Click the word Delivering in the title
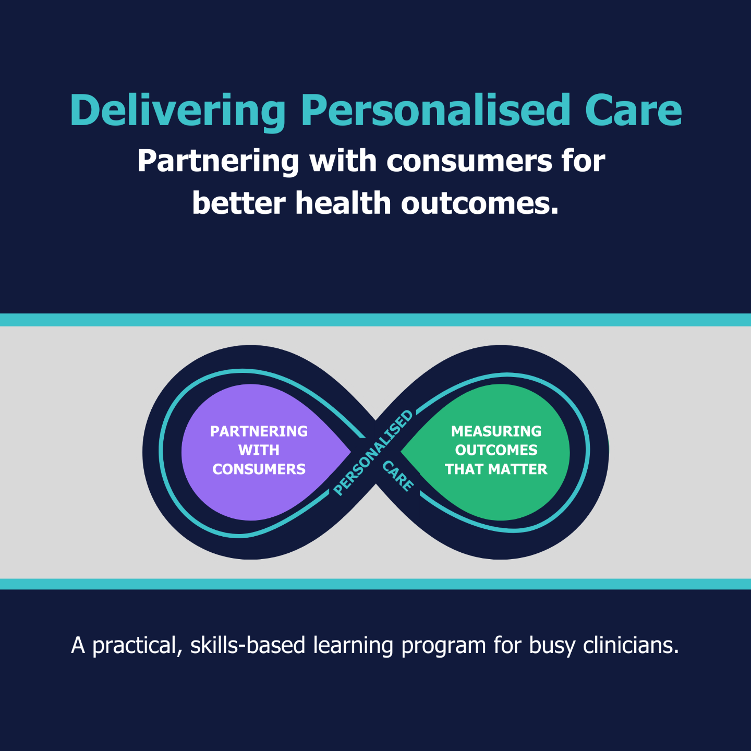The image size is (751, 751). click(177, 111)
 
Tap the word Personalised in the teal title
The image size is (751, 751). click(436, 111)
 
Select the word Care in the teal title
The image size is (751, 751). click(633, 111)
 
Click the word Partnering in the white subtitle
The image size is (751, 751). click(218, 162)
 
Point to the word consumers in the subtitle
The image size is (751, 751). click(468, 162)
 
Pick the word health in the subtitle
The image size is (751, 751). click(343, 203)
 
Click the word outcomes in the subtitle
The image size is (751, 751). click(479, 203)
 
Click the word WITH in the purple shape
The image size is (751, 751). click(259, 450)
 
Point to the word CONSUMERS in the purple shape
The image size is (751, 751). click(259, 469)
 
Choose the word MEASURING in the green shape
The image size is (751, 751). click(496, 431)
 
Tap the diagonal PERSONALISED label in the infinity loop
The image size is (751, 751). click(373, 453)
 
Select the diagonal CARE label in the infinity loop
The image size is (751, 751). click(398, 476)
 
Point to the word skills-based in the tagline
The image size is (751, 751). click(248, 646)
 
